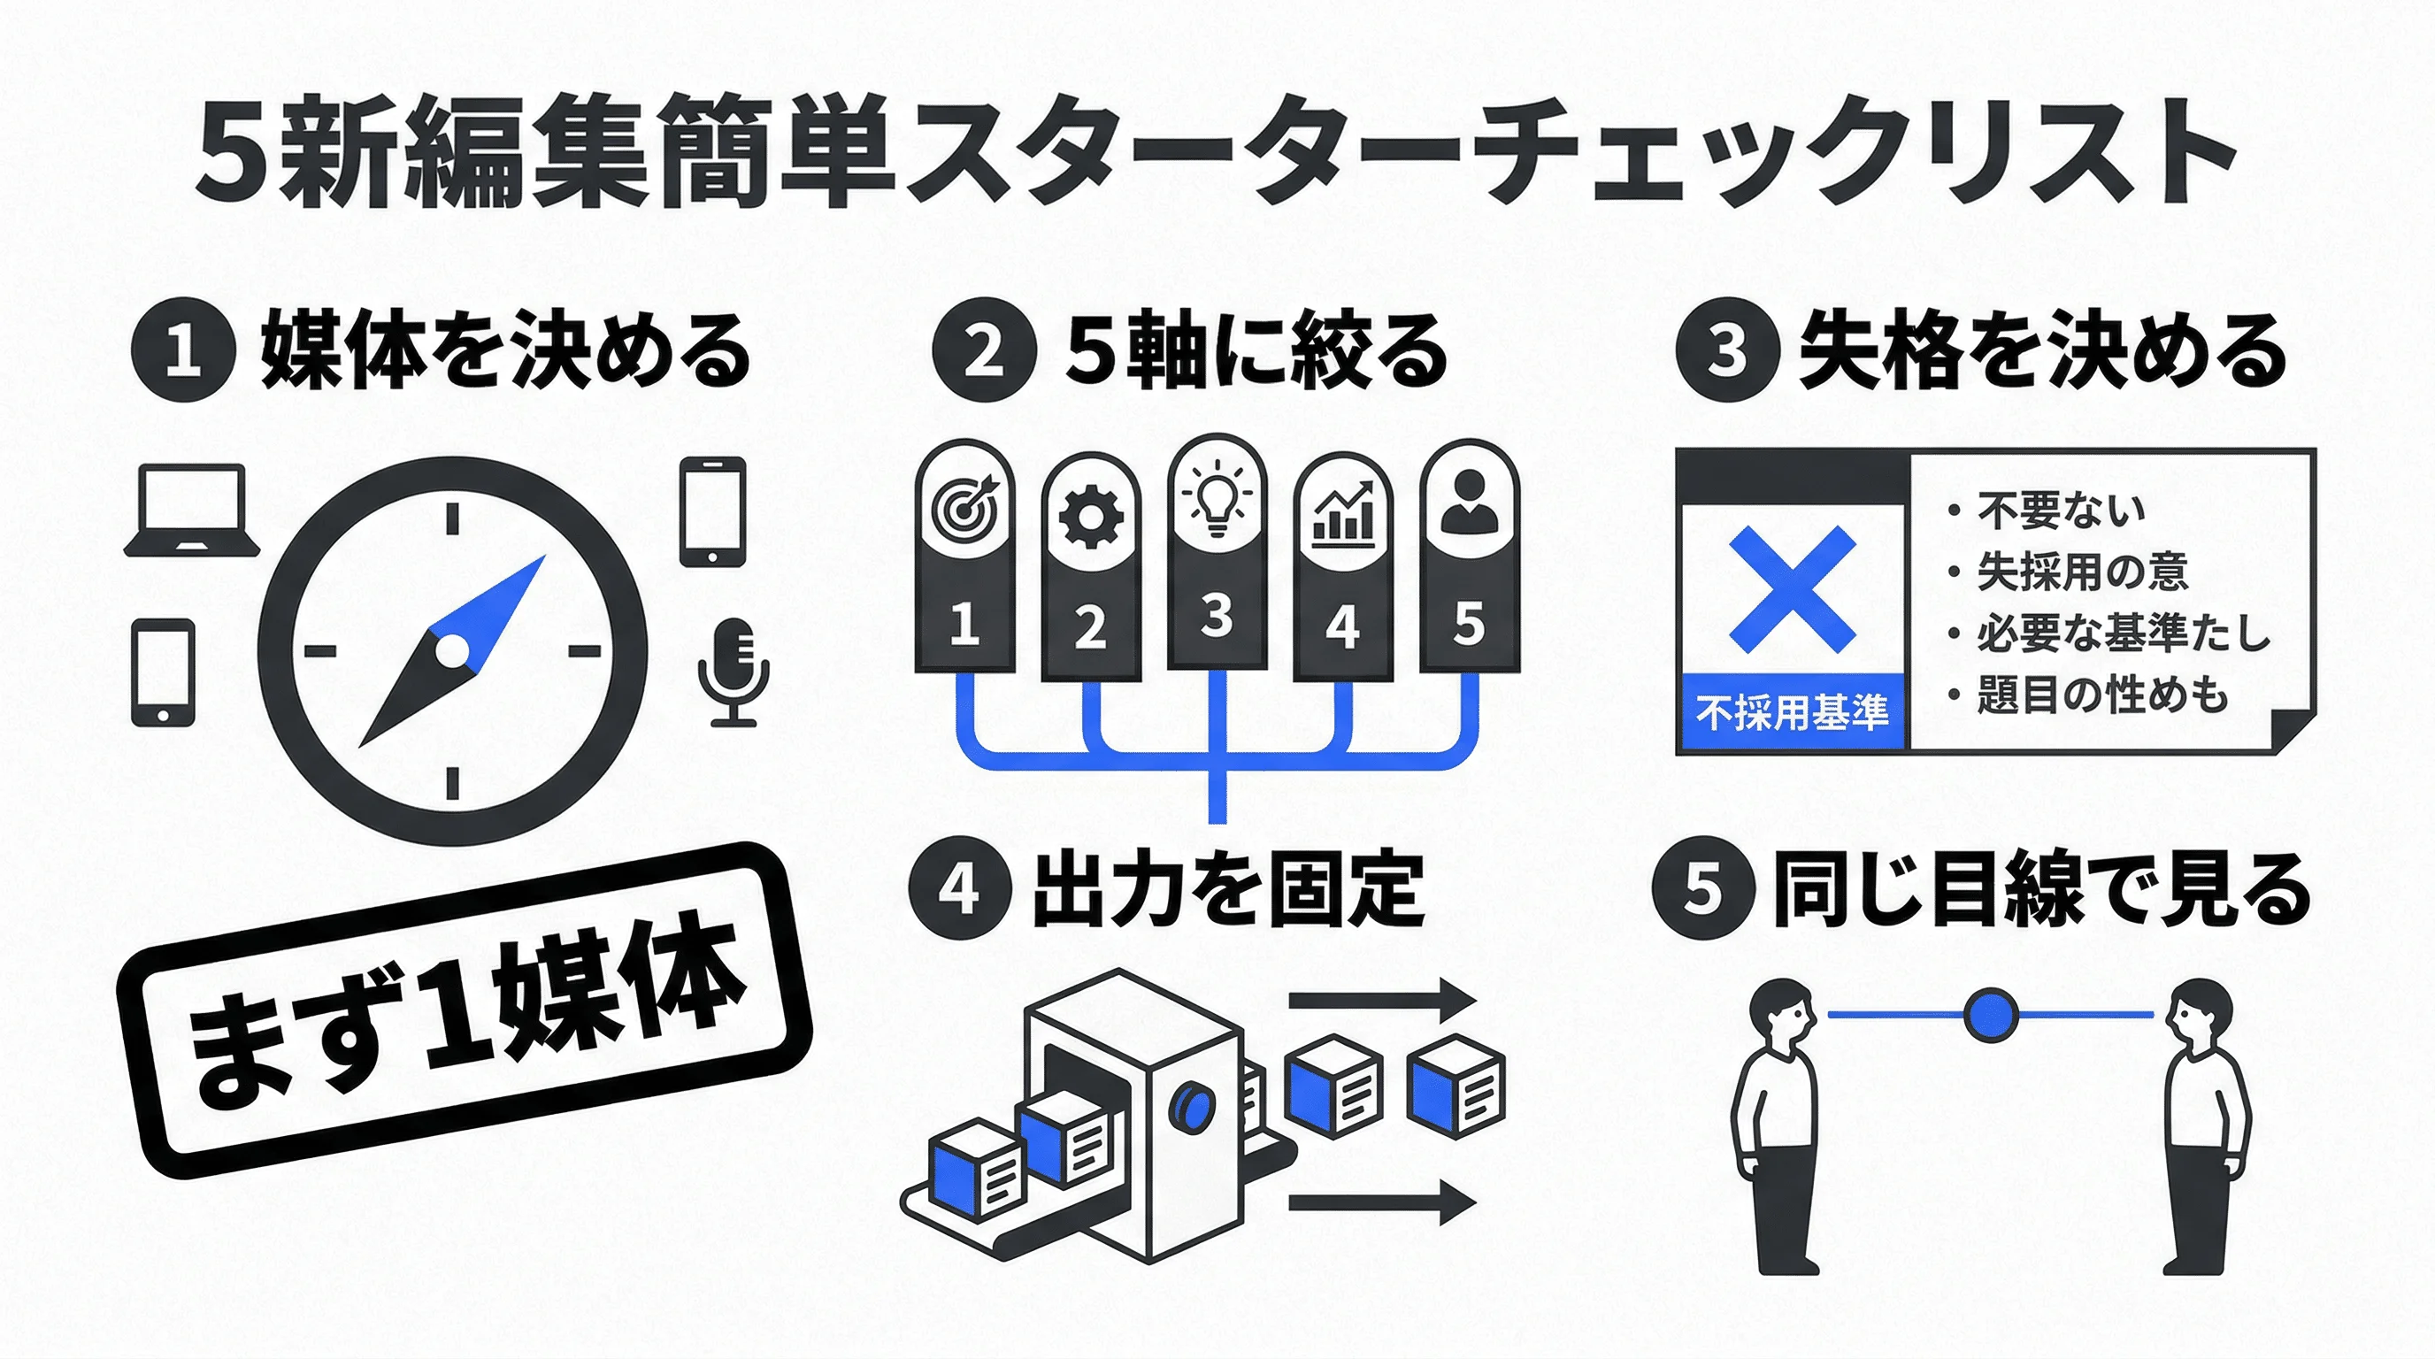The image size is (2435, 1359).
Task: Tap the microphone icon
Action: pyautogui.click(x=734, y=671)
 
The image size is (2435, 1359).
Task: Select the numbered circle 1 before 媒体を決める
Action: pyautogui.click(x=182, y=350)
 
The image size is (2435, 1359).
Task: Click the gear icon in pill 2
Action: pyautogui.click(x=1090, y=518)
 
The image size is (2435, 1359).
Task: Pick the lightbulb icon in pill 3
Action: pyautogui.click(x=1217, y=498)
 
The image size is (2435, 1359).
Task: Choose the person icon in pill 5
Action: pyautogui.click(x=1469, y=503)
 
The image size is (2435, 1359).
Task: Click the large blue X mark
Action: pyautogui.click(x=1791, y=588)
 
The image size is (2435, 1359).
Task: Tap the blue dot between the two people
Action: pyautogui.click(x=1991, y=1015)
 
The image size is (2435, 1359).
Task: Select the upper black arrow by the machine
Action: pyautogui.click(x=1381, y=1000)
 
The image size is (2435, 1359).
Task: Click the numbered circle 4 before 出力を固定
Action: pyautogui.click(x=959, y=889)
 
